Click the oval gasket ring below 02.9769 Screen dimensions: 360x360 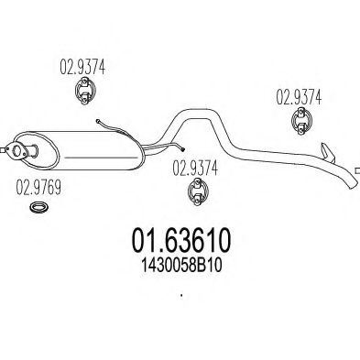(38, 212)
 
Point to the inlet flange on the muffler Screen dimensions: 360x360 (16, 149)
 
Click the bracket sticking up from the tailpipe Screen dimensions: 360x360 (326, 149)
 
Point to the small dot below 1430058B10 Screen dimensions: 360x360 (180, 295)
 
